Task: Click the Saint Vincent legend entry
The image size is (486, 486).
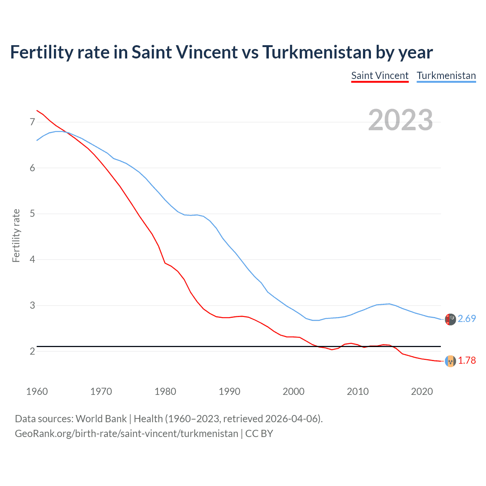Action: [380, 76]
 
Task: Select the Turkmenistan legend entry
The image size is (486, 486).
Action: [446, 76]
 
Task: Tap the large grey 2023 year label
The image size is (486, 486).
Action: [401, 120]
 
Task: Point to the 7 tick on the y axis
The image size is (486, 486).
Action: [32, 122]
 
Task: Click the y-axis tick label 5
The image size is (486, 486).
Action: [32, 214]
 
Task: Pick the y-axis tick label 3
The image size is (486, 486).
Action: [32, 305]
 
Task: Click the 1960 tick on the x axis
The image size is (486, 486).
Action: [37, 391]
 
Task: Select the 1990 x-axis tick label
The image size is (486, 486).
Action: [229, 391]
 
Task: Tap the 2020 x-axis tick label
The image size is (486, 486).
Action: [422, 391]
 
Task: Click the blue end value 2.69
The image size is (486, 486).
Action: [467, 319]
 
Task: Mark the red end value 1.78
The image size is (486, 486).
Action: [467, 361]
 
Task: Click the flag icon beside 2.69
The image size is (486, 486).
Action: [450, 319]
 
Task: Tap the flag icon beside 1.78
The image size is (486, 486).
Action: [450, 361]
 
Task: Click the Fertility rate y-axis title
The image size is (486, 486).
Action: [16, 235]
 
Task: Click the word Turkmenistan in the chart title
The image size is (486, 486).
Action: [317, 52]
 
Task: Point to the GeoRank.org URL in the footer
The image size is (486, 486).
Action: [126, 434]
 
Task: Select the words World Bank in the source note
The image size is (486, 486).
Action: [101, 419]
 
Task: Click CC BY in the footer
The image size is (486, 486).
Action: [259, 434]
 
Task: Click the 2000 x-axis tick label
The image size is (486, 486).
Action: [293, 391]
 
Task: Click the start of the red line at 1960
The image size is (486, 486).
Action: [37, 110]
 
